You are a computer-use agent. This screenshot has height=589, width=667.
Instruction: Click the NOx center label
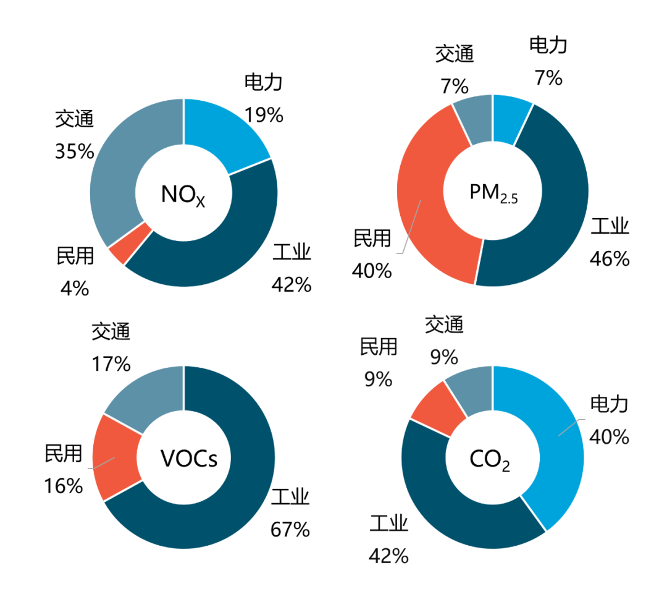point(183,194)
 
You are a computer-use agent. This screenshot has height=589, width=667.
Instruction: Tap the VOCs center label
point(188,459)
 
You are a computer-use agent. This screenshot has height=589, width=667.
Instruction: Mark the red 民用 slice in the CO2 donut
point(437,409)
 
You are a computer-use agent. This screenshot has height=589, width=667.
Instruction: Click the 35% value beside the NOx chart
point(74,151)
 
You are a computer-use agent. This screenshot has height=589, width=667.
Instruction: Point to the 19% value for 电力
point(263,114)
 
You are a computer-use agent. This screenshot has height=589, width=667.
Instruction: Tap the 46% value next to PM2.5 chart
point(610,258)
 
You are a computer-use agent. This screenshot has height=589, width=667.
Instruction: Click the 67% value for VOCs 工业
point(290,529)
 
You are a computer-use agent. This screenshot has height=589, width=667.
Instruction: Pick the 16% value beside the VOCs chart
point(63,486)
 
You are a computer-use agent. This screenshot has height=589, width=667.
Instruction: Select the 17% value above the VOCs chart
point(111,363)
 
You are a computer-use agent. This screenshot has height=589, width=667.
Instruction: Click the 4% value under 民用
point(75,288)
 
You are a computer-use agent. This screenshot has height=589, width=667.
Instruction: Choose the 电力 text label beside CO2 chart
point(609,405)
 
